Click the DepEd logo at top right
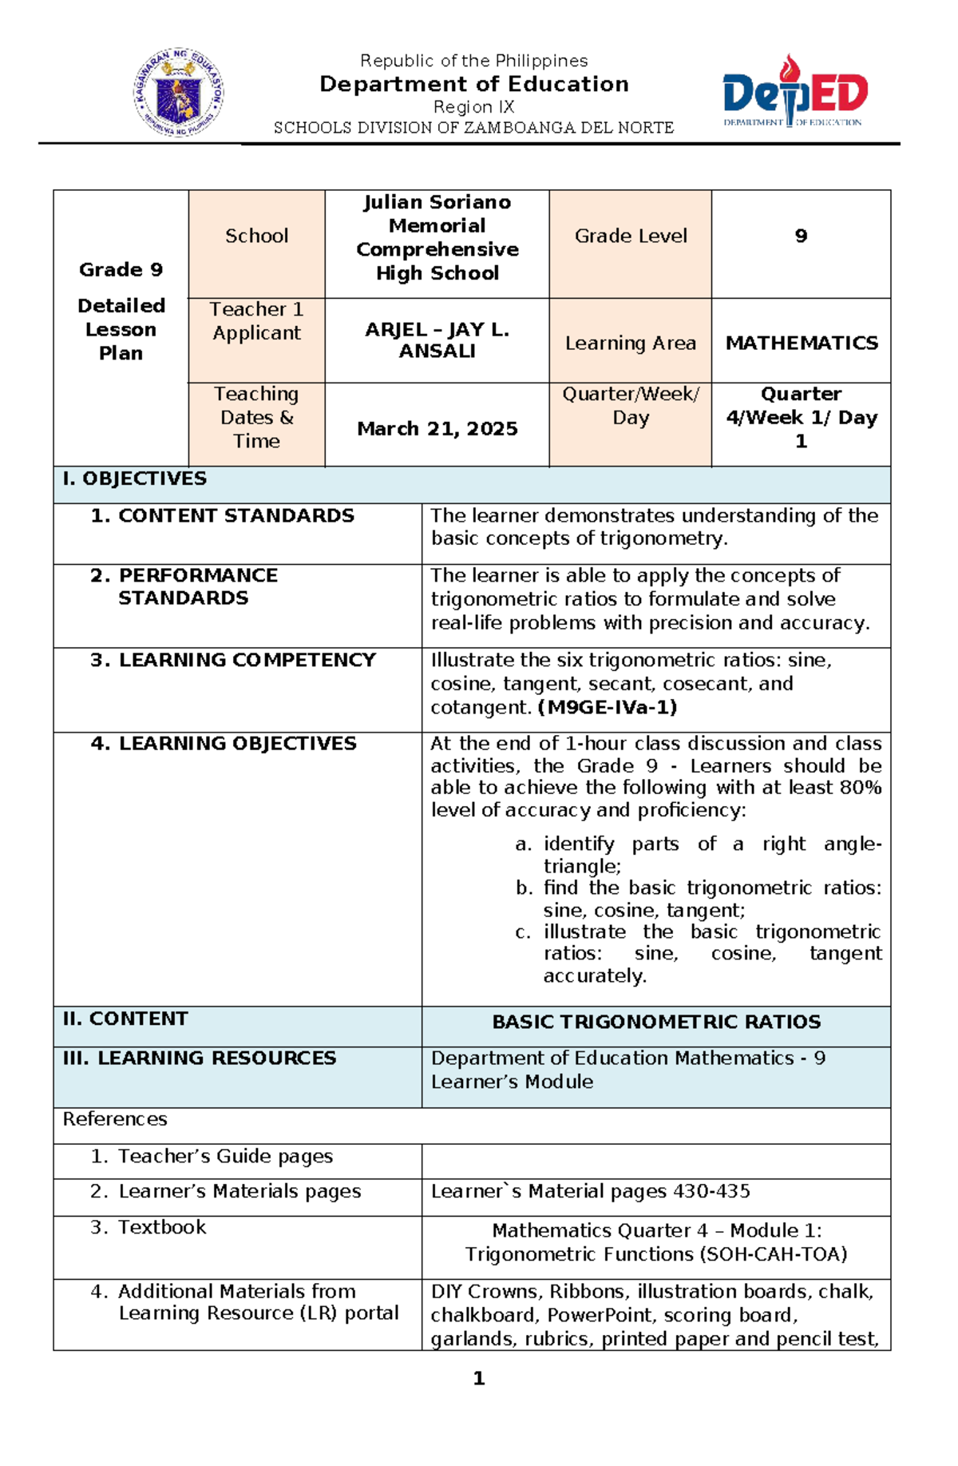pyautogui.click(x=794, y=92)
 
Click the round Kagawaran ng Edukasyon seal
pyautogui.click(x=178, y=92)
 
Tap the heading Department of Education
pyautogui.click(x=474, y=84)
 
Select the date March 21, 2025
pyautogui.click(x=437, y=429)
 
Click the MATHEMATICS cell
pyautogui.click(x=801, y=343)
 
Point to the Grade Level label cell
pyautogui.click(x=630, y=236)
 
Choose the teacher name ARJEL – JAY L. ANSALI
pyautogui.click(x=437, y=340)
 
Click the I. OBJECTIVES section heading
pyautogui.click(x=135, y=479)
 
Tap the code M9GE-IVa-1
pyautogui.click(x=608, y=707)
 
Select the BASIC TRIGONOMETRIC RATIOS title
pyautogui.click(x=656, y=1022)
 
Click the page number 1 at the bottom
pyautogui.click(x=479, y=1378)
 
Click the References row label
pyautogui.click(x=115, y=1119)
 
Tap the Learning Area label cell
pyautogui.click(x=630, y=343)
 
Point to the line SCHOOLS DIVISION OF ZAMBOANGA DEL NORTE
pyautogui.click(x=473, y=128)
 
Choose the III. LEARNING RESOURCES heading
pyautogui.click(x=200, y=1058)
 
